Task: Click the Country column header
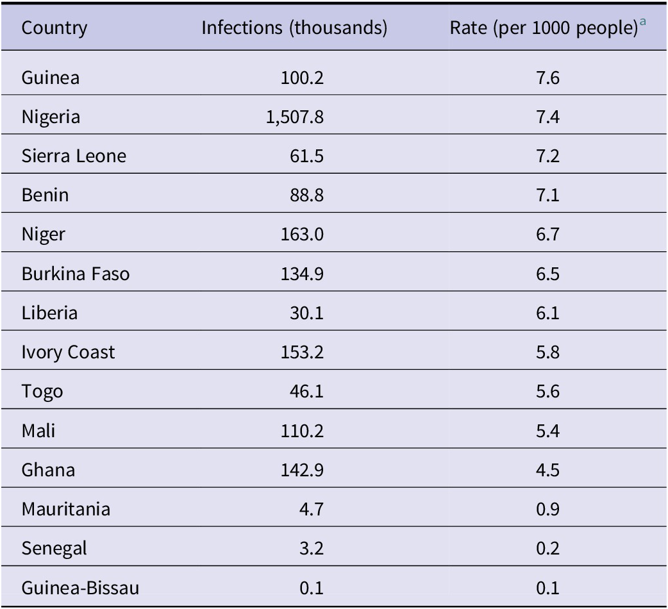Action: [x=54, y=28]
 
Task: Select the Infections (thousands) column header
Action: [x=294, y=28]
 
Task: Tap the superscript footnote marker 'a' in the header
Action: [x=642, y=21]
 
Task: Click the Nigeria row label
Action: [x=51, y=117]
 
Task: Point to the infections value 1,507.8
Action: [x=295, y=117]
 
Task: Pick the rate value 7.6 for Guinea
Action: [x=547, y=78]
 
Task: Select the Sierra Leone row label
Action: [x=74, y=156]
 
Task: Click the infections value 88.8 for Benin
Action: [x=306, y=195]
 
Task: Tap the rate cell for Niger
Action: [x=547, y=234]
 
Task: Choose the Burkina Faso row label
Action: [x=76, y=274]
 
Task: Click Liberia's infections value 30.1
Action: [x=306, y=313]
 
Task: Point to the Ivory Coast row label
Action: [x=68, y=353]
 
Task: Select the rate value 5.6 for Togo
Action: [x=547, y=392]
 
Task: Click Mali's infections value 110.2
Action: [x=302, y=431]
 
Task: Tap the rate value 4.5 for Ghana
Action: [x=547, y=470]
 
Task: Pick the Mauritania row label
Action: [x=66, y=510]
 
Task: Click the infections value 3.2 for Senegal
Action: [x=312, y=549]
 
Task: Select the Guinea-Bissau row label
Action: [x=81, y=588]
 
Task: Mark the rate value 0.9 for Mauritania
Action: [x=547, y=510]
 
